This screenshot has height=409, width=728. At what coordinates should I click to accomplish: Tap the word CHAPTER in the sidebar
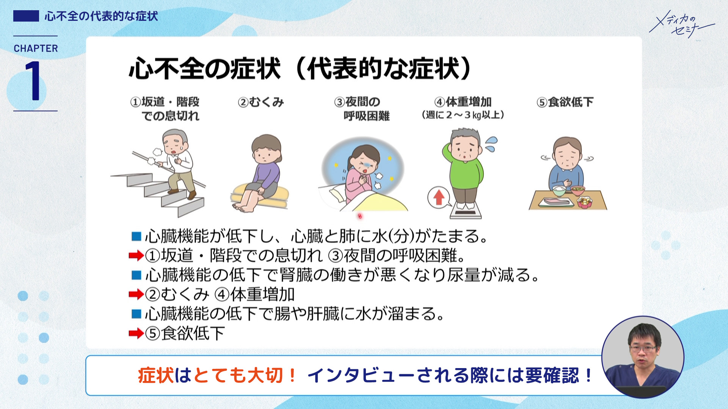(x=36, y=48)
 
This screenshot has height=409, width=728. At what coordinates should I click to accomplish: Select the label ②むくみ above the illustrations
(x=261, y=102)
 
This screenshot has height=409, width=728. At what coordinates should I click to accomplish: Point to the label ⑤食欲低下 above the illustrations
(x=565, y=102)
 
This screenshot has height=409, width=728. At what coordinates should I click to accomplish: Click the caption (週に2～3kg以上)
(x=463, y=115)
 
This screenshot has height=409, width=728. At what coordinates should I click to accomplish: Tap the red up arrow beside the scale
(x=439, y=197)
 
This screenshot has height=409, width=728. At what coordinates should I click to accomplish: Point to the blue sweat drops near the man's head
(x=491, y=144)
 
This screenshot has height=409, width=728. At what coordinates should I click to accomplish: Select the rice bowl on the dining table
(x=559, y=189)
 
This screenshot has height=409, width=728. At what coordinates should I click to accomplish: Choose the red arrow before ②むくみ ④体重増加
(x=136, y=294)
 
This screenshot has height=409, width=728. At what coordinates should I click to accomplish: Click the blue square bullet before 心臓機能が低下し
(x=136, y=236)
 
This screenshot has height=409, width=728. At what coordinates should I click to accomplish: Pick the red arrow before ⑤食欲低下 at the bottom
(x=136, y=333)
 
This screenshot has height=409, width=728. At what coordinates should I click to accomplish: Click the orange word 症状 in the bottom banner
(x=155, y=376)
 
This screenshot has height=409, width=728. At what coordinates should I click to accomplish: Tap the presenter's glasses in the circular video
(x=643, y=348)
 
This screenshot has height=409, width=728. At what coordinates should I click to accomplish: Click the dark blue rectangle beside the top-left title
(x=26, y=16)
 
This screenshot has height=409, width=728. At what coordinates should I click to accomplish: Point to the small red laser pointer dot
(x=360, y=216)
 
